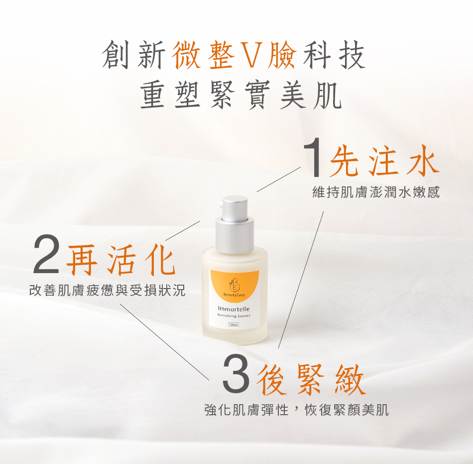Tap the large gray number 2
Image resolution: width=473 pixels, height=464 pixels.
(46, 254)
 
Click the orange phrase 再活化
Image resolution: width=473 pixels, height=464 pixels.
(121, 259)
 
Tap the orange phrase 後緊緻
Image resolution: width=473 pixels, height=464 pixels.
(311, 379)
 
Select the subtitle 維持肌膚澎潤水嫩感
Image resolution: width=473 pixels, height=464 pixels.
(376, 192)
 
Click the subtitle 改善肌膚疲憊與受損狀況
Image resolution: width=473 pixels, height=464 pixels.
(108, 290)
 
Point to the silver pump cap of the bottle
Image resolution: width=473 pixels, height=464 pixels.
(235, 224)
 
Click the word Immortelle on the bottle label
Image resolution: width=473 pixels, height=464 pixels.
(234, 309)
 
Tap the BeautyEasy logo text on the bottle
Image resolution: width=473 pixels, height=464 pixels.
(234, 295)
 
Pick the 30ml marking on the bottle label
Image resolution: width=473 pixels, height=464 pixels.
(234, 324)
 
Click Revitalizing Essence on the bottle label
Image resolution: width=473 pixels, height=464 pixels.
(234, 316)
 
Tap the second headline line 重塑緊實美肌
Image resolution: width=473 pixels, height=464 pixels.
(241, 95)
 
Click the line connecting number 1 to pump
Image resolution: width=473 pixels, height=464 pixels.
(279, 179)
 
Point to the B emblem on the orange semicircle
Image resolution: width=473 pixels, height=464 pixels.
(234, 285)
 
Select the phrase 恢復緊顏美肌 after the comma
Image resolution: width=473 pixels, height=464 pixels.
(347, 410)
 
